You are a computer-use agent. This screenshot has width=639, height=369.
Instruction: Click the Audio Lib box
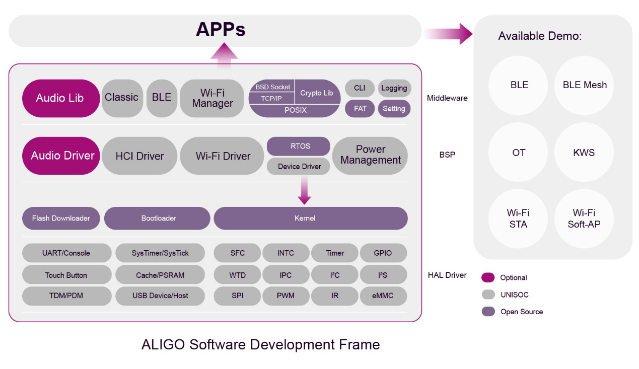[x=61, y=98]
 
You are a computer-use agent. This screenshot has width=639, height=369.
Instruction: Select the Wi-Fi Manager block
[x=212, y=98]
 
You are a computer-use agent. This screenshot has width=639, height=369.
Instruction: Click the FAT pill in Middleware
[x=360, y=109]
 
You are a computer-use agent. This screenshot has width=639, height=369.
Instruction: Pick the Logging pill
[x=394, y=88]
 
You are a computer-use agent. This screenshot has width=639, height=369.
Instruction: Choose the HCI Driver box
[x=139, y=156]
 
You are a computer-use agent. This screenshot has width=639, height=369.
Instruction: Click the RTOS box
[x=299, y=146]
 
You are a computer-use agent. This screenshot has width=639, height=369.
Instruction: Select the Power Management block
[x=370, y=156]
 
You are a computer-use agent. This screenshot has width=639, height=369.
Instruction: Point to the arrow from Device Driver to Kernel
[x=304, y=190]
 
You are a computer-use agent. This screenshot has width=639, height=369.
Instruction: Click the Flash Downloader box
[x=61, y=218]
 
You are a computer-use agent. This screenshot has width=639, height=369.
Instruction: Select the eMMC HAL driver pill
[x=383, y=296]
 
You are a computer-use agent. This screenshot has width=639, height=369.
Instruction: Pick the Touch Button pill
[x=66, y=275]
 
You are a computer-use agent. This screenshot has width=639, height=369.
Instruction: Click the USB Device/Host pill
[x=160, y=296]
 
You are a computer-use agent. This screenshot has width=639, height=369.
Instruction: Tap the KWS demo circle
[x=584, y=152]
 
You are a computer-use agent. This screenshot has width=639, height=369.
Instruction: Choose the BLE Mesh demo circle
[x=584, y=85]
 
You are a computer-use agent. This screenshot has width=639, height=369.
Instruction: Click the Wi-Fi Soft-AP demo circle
[x=584, y=218]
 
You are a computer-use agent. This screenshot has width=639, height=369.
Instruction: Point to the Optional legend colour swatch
[x=488, y=277]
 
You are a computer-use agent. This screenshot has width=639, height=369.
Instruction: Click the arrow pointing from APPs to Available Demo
[x=448, y=34]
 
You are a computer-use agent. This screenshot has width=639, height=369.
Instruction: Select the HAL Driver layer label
[x=447, y=275]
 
